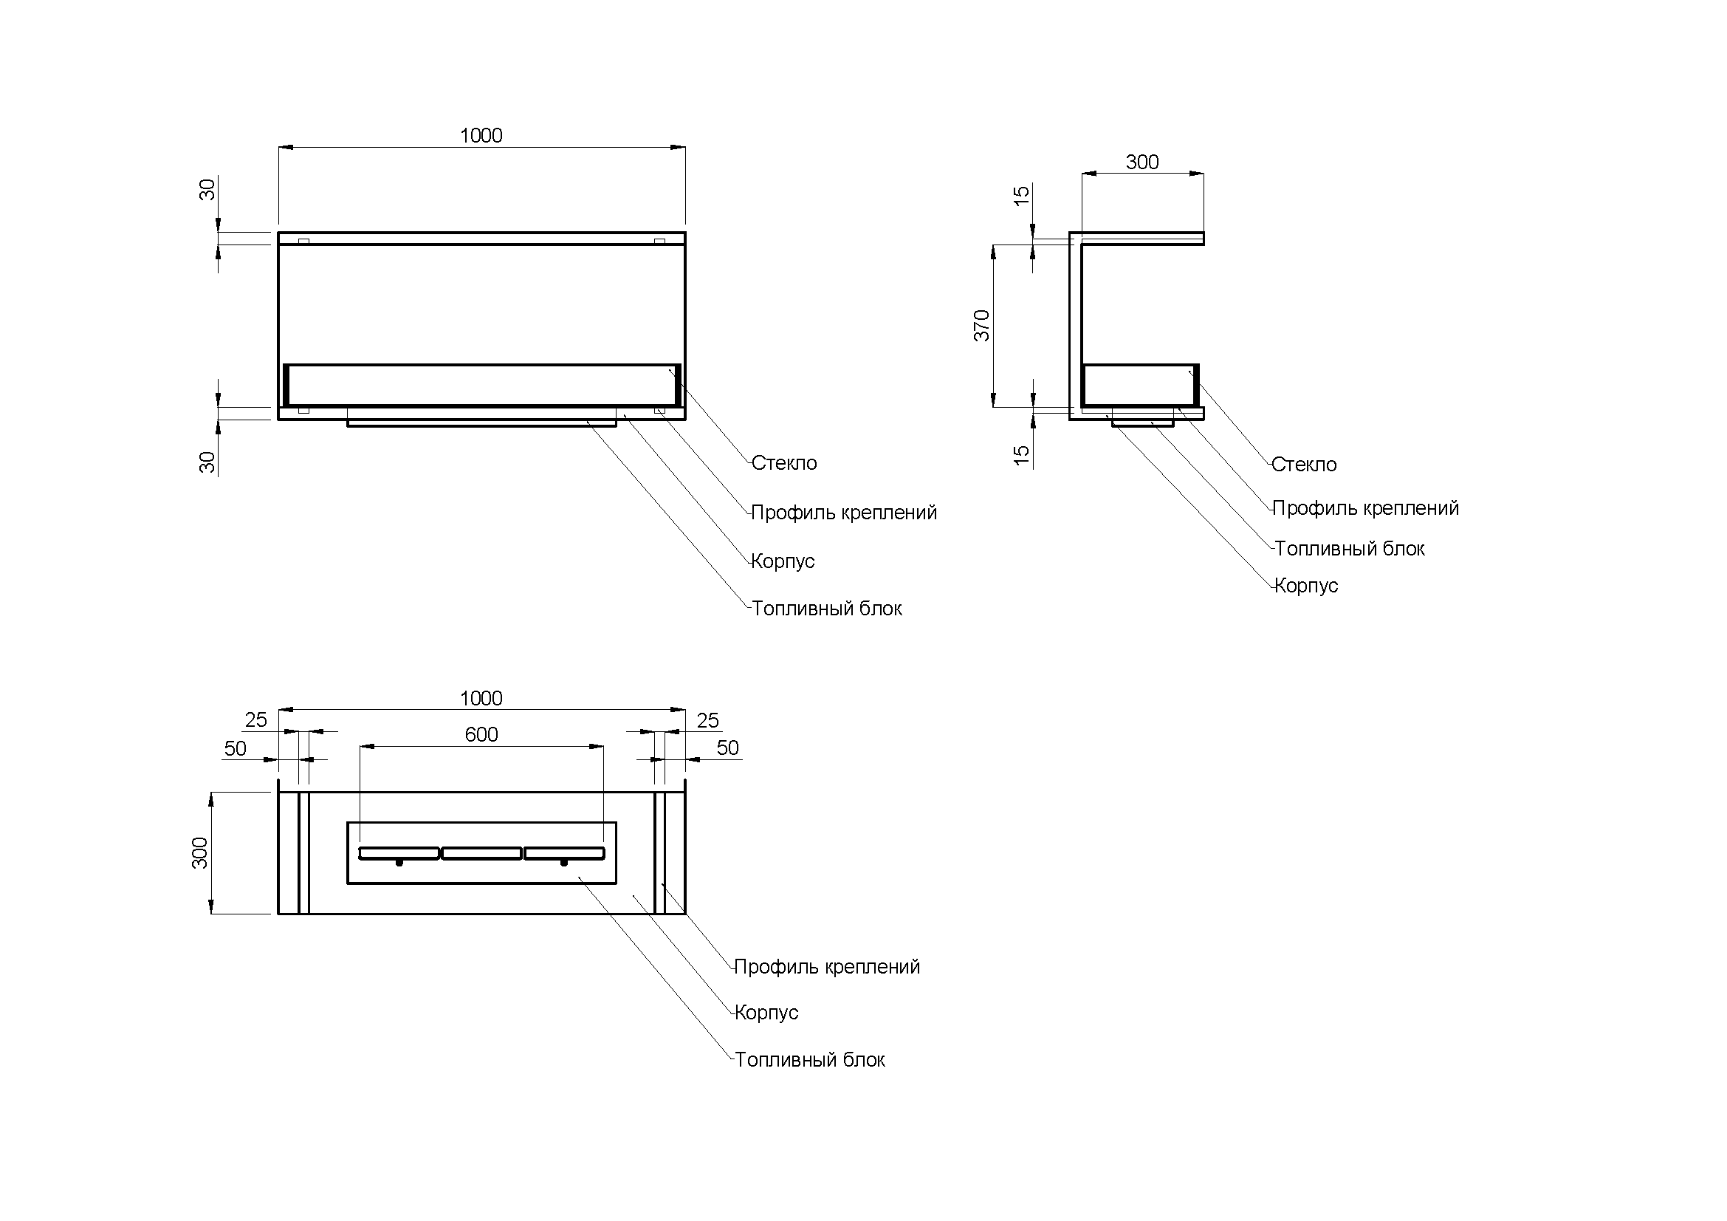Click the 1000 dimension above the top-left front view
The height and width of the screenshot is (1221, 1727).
coord(481,135)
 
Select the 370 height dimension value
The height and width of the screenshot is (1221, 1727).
coord(982,325)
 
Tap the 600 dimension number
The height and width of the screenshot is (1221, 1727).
coord(481,734)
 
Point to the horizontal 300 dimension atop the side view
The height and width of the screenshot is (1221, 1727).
coord(1141,163)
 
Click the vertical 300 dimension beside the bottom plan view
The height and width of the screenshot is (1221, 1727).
coord(200,852)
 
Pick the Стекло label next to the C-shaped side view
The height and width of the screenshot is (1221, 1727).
coord(1304,464)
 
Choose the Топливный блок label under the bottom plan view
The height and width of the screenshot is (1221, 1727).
coord(810,1060)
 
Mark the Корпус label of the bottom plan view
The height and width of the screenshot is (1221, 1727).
coord(766,1013)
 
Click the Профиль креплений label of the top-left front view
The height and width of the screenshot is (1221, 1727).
coord(844,513)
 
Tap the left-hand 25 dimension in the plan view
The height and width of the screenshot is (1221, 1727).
coord(255,720)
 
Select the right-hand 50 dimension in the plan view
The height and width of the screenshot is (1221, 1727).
coord(727,748)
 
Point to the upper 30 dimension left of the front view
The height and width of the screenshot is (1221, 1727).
coord(207,190)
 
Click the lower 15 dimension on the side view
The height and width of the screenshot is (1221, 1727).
coord(1021,454)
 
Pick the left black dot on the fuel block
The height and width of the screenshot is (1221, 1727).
coord(399,863)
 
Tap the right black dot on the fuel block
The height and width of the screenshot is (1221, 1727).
coord(563,863)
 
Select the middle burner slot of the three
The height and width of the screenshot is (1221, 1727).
coord(481,853)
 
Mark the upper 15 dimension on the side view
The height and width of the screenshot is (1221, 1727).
coord(1021,196)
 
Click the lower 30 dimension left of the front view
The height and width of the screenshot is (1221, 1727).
coord(207,462)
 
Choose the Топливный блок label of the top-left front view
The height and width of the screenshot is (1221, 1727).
coord(827,609)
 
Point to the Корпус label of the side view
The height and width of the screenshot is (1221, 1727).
coord(1307,585)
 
